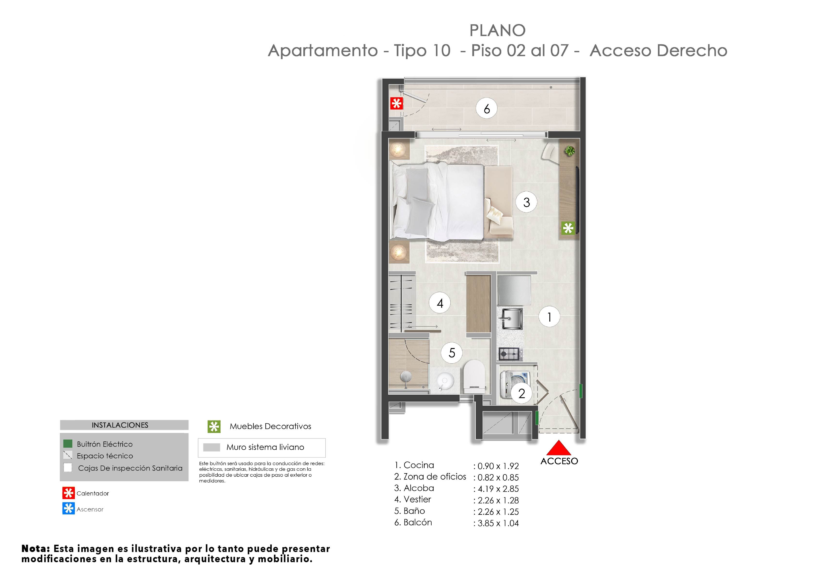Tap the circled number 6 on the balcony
[x=487, y=109]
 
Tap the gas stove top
[x=509, y=354]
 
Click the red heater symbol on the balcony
[x=397, y=104]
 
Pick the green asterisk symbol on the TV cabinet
[x=568, y=228]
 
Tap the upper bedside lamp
[x=398, y=149]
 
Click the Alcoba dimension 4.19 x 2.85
[x=498, y=489]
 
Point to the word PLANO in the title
[x=497, y=31]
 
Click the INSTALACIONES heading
[x=120, y=425]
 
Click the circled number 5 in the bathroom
[x=451, y=353]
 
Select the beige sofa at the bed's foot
[x=499, y=202]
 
